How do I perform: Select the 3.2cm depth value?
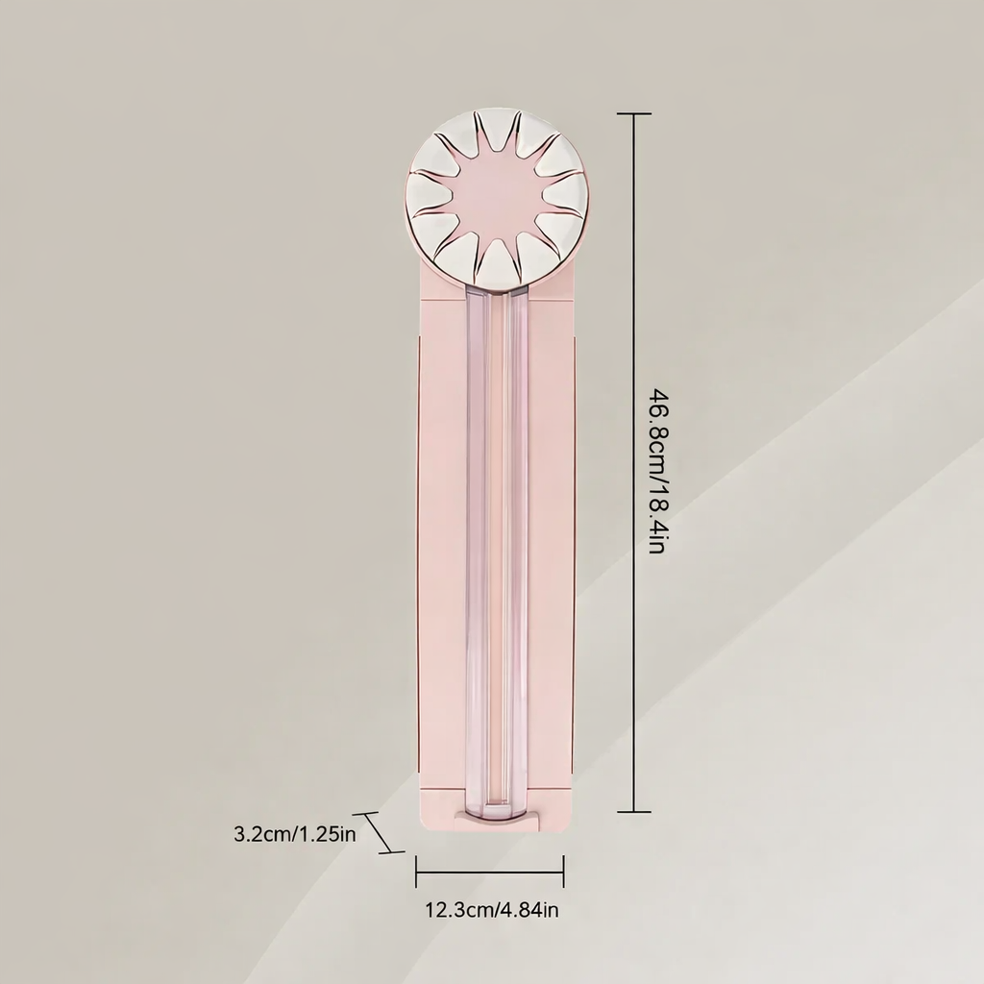(x=259, y=835)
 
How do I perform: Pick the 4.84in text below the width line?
(x=526, y=909)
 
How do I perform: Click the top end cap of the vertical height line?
(x=634, y=113)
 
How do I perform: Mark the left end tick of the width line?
(x=417, y=871)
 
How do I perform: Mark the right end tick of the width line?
(x=563, y=871)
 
